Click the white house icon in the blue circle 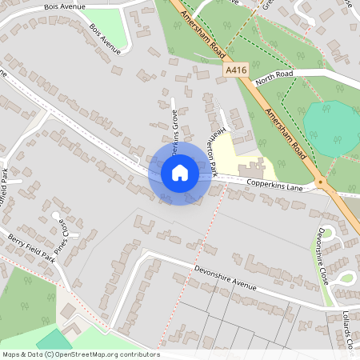[180, 172]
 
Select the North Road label [274, 78]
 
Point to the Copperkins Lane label [274, 187]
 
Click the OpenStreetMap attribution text [80, 354]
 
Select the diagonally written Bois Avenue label [106, 38]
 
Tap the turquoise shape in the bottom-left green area [53, 339]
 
